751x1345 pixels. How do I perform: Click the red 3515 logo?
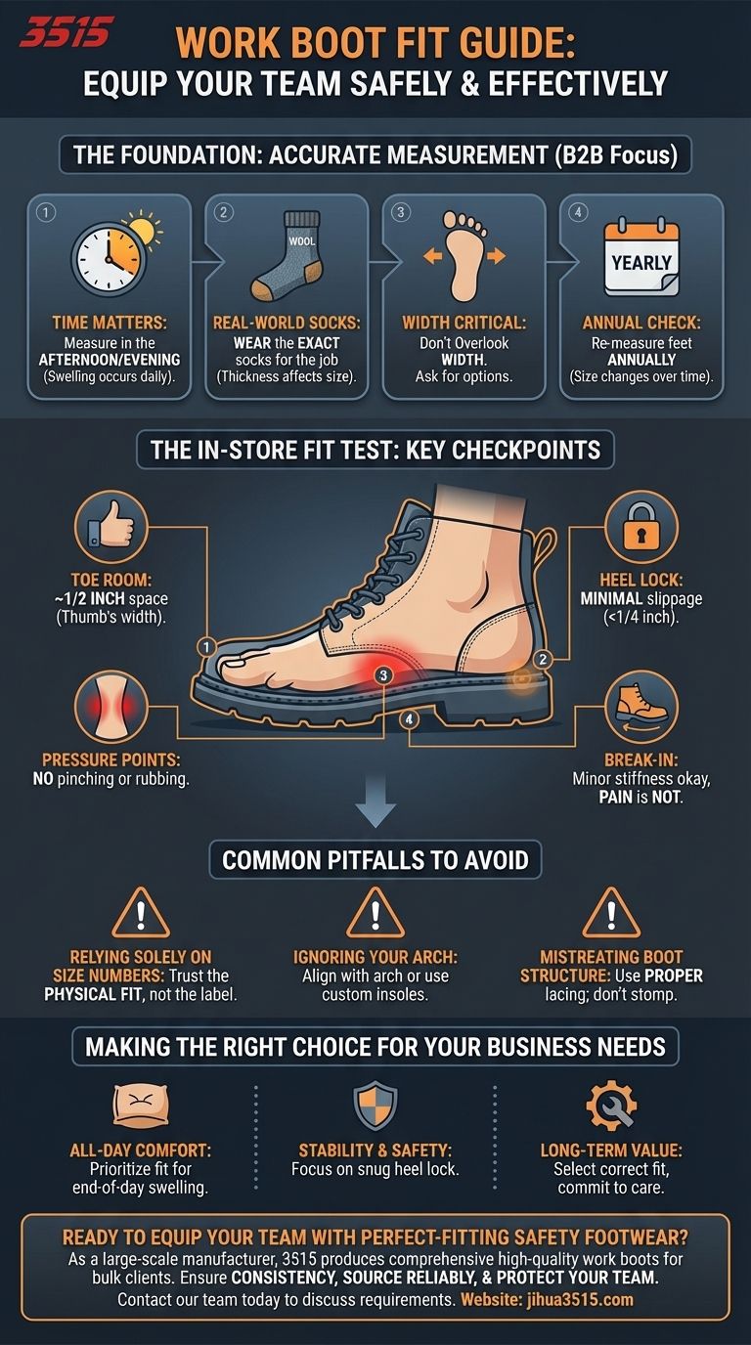coord(66,32)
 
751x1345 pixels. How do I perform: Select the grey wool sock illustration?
coord(288,256)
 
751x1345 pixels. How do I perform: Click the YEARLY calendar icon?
coord(641,258)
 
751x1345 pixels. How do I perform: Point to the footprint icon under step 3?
coord(464,256)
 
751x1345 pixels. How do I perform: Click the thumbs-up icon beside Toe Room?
coord(111,526)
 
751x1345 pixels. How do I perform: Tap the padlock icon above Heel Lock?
coord(641,526)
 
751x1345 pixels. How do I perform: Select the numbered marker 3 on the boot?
coord(384,674)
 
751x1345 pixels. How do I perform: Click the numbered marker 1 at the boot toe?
coord(206,647)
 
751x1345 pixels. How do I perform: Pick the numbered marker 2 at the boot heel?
coord(543,659)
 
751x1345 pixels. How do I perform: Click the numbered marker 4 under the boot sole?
coord(409,719)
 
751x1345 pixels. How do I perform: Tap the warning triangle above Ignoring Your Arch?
coord(375,913)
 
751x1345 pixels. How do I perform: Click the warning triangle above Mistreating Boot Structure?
coord(611,913)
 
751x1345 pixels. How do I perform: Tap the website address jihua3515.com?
coord(580,1300)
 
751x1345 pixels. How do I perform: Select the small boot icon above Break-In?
coord(641,706)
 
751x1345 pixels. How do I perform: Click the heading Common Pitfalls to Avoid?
coord(375,860)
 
